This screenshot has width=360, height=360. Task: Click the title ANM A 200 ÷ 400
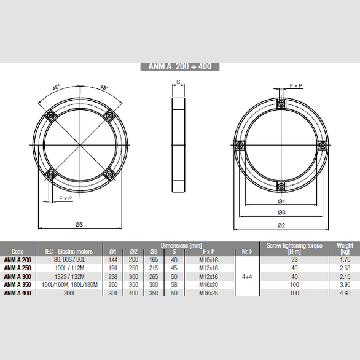point(180,66)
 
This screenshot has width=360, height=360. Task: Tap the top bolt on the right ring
point(280,103)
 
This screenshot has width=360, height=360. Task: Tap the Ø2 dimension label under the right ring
point(280,225)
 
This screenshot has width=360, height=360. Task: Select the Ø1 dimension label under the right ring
point(280,202)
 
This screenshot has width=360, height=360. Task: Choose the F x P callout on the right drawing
point(296,86)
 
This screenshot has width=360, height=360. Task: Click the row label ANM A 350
point(18,285)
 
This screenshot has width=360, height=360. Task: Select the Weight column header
point(345,248)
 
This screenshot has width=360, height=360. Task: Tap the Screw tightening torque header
point(294,248)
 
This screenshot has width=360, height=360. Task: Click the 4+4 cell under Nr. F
point(248,276)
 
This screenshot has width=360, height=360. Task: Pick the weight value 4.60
point(345,294)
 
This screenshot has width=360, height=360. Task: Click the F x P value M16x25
point(209,294)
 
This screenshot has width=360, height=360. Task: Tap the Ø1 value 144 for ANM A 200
point(113,259)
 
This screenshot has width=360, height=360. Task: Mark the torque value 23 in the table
point(294,259)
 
